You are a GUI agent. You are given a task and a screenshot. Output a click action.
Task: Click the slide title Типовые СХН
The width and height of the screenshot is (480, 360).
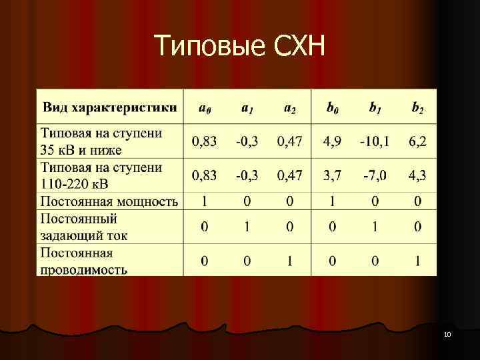coord(239,47)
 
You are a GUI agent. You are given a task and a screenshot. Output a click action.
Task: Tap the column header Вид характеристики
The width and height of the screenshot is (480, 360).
coord(110,107)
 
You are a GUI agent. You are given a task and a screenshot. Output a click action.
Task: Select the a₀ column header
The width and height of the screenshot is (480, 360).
coord(205,107)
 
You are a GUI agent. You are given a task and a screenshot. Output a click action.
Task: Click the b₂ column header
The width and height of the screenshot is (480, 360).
coord(417,107)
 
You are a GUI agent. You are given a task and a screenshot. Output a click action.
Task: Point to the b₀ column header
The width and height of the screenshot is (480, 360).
coord(332,107)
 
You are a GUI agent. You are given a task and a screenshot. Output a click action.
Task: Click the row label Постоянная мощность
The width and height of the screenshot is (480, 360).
coord(109,201)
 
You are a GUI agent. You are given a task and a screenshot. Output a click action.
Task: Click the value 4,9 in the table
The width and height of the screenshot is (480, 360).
coord(332,141)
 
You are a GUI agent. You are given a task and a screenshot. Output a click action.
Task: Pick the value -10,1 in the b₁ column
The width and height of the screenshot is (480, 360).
coord(375,141)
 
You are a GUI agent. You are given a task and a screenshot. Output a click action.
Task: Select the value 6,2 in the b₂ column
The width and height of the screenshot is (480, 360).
coord(417,141)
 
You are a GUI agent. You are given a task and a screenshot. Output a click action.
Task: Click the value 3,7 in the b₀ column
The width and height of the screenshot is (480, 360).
coord(332,175)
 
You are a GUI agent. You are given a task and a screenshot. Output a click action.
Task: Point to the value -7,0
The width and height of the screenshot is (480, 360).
coord(375,175)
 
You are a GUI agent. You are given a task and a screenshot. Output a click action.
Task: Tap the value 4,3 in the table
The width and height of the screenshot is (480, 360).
coord(417,175)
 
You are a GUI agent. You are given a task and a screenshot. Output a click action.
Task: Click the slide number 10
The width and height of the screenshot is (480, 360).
coord(447,333)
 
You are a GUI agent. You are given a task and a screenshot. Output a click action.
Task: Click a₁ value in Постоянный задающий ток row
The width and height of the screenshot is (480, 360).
coord(247,227)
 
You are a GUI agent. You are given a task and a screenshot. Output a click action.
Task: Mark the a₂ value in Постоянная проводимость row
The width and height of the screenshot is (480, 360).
coord(289,261)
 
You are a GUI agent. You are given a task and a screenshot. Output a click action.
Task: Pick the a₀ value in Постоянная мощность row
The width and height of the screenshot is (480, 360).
coord(205,201)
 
